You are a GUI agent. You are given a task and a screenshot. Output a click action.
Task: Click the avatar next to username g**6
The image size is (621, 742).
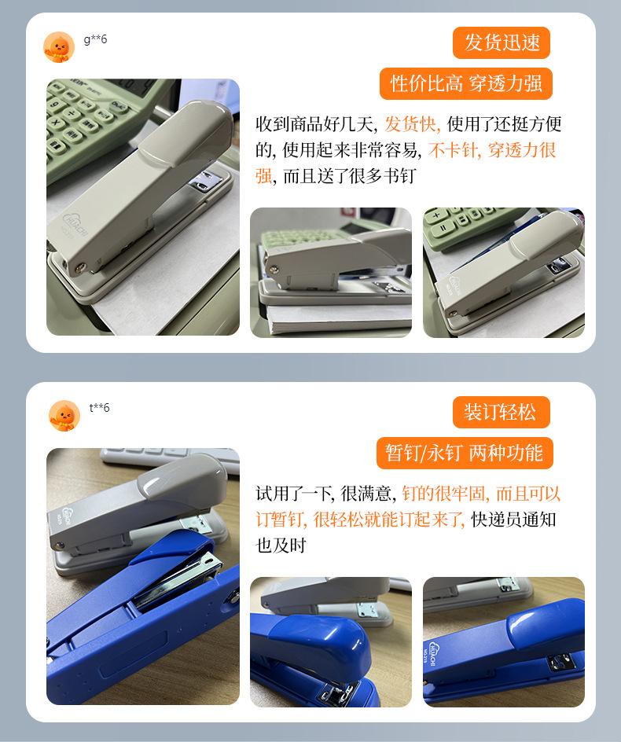(59, 47)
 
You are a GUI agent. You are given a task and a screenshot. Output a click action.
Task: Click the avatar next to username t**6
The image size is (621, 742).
(64, 416)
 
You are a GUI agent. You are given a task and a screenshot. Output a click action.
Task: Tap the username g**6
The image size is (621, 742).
(95, 39)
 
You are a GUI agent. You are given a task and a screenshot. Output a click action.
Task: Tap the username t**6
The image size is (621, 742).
(99, 407)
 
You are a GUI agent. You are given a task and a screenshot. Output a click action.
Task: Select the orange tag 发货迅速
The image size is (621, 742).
(502, 42)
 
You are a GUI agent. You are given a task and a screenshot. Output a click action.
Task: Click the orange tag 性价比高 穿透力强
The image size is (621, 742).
(465, 84)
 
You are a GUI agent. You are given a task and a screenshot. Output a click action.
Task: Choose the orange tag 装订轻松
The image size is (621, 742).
(502, 412)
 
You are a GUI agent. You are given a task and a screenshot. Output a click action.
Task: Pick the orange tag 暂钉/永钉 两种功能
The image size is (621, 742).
(465, 454)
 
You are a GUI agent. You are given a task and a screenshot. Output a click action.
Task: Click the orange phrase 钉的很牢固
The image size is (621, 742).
(443, 494)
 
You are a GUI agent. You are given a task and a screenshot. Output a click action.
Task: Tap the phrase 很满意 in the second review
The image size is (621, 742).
(366, 494)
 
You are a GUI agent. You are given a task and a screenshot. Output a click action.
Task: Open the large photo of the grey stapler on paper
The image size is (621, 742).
(143, 208)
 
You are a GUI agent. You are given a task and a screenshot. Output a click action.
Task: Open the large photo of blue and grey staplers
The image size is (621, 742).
(143, 576)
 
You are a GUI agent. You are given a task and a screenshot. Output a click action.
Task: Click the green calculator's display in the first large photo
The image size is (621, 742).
(134, 88)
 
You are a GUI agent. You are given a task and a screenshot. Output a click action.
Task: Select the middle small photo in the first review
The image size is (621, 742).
(331, 273)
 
